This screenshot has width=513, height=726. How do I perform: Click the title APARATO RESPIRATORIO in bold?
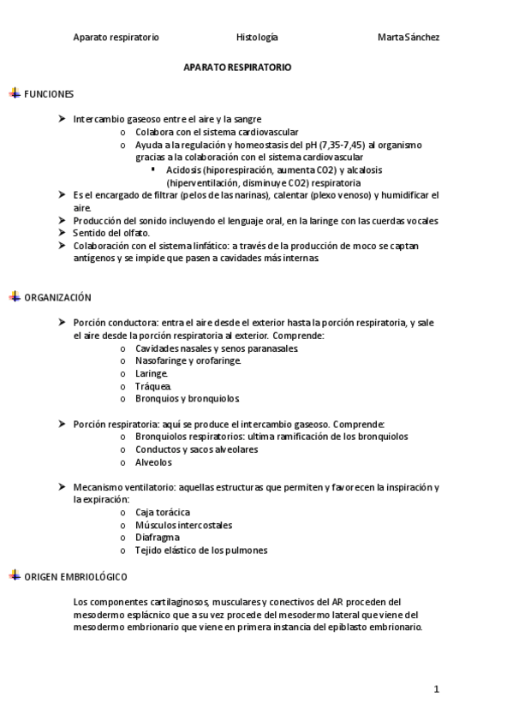[238, 66]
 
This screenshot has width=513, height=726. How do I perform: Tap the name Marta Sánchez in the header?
[409, 38]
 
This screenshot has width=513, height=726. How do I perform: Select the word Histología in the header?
[257, 38]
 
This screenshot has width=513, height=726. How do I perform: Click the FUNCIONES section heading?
[49, 93]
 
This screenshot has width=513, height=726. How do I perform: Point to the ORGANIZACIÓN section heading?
[57, 297]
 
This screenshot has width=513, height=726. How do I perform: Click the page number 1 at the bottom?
[436, 689]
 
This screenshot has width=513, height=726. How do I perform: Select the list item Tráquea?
[153, 386]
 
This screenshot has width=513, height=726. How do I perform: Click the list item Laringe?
[152, 373]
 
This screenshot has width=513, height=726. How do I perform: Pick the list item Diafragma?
[158, 537]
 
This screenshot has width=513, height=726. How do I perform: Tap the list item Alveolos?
[153, 462]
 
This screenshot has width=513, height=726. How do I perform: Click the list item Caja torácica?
[163, 512]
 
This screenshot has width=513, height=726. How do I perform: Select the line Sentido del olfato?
[111, 233]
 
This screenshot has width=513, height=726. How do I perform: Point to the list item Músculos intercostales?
[183, 525]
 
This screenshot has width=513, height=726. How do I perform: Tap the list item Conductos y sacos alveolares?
[196, 449]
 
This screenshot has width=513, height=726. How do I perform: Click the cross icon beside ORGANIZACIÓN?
[15, 297]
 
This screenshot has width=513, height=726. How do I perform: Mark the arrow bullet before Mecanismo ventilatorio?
[63, 486]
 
